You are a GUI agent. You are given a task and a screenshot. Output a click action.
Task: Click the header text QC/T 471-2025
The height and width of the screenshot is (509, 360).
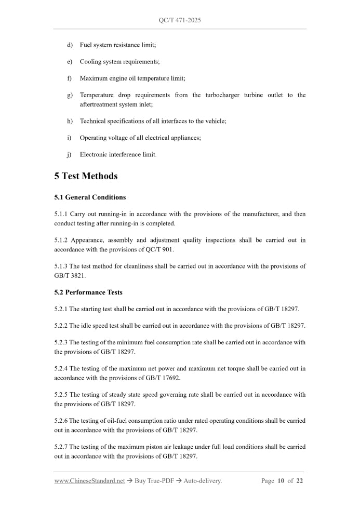click(180, 20)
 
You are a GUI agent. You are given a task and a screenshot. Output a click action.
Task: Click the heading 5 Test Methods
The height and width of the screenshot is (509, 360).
click(86, 176)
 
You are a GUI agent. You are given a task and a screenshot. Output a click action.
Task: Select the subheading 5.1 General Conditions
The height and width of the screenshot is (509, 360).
click(90, 197)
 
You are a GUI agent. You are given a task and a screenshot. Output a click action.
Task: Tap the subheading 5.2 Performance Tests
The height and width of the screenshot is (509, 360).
click(88, 292)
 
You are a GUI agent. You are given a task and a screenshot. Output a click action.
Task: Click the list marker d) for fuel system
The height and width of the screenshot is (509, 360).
click(70, 45)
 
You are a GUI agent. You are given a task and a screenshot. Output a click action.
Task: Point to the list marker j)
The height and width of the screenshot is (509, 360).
click(70, 154)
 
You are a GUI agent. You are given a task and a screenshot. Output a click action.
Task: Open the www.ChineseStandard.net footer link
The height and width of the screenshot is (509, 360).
click(89, 481)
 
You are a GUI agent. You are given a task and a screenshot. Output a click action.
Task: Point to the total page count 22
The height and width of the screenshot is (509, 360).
click(300, 481)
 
